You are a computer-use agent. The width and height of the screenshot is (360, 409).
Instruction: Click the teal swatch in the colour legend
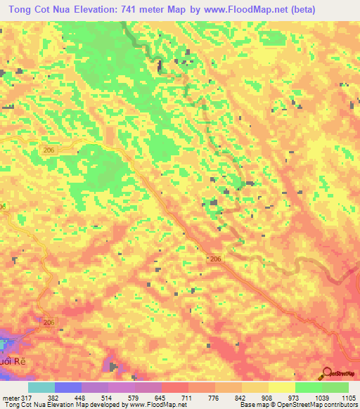[41, 387]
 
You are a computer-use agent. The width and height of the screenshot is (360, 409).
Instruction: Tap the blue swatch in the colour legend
[67, 387]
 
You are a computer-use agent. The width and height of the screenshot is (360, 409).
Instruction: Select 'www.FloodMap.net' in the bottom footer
[155, 405]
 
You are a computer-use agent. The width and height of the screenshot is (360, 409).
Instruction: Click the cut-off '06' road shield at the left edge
[3, 206]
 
